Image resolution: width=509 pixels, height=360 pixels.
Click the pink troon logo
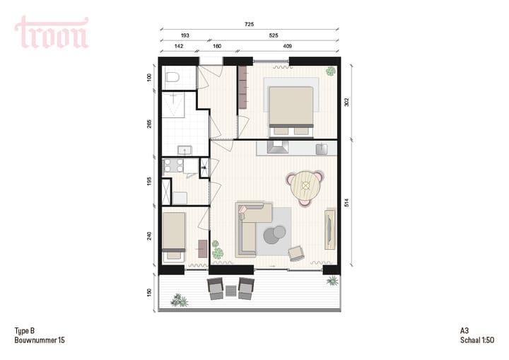(52, 33)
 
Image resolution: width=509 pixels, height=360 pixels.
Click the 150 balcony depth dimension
(149, 293)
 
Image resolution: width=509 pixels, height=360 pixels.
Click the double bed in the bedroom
(289, 110)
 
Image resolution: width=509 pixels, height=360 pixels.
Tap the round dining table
(305, 186)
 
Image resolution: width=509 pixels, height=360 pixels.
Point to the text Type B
(25, 330)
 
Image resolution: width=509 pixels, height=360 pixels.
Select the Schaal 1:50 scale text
(474, 340)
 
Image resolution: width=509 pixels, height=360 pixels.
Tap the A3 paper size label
(464, 330)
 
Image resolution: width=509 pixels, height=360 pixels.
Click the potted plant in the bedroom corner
(330, 71)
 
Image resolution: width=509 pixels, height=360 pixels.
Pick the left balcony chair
(214, 288)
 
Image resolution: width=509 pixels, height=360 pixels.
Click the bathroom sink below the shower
(184, 149)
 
